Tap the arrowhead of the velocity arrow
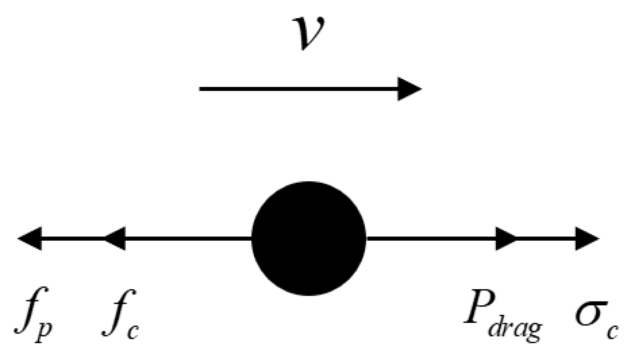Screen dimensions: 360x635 tap(410, 89)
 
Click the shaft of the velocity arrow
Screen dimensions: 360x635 tap(298, 89)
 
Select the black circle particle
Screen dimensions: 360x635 tap(309, 239)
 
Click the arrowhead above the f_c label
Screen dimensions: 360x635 tap(115, 239)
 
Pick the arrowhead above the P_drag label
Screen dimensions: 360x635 tap(506, 239)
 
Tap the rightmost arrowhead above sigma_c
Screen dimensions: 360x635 tap(587, 239)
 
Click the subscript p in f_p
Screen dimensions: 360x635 tap(43, 331)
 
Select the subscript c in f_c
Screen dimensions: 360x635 tap(133, 331)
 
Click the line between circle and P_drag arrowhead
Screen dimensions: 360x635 tap(431, 239)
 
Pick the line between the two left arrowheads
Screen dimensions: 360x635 tap(73, 239)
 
